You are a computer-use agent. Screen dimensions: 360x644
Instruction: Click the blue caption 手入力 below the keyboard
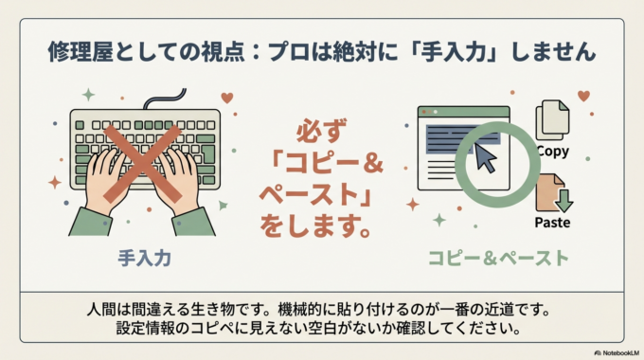(x=144, y=257)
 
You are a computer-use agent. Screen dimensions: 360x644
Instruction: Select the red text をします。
(x=323, y=228)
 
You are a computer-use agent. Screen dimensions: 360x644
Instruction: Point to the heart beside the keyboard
(x=226, y=97)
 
